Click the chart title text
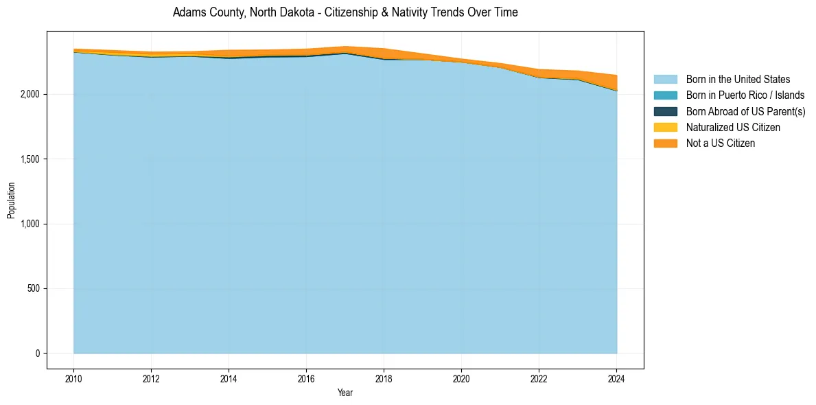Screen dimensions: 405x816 pos(345,12)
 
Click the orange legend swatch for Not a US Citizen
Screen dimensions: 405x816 pos(665,143)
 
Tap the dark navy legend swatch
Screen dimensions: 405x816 pos(665,111)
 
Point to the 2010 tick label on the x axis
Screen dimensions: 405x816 pos(73,378)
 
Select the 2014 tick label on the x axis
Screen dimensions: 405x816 pos(229,378)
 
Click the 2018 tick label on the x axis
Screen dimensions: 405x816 pos(384,378)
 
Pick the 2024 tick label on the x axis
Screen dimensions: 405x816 pos(616,378)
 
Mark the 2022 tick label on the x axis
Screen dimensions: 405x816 pos(539,378)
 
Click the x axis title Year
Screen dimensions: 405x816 pos(345,393)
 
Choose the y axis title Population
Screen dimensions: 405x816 pos(11,200)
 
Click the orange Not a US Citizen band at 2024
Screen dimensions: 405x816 pos(616,83)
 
